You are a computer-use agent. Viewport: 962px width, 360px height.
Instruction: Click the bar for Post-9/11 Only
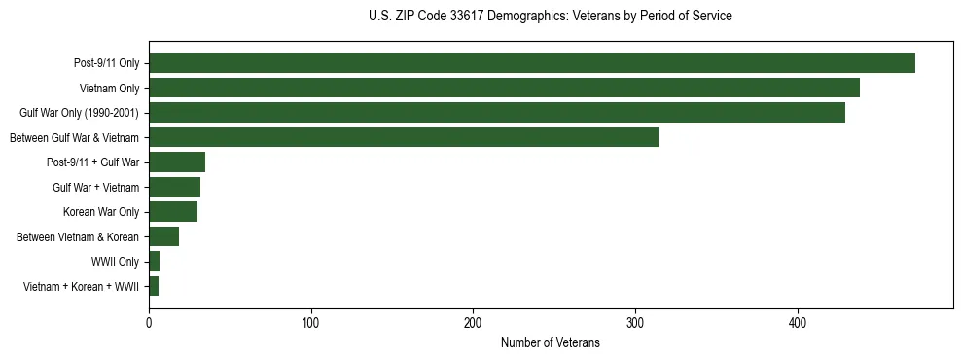click(531, 63)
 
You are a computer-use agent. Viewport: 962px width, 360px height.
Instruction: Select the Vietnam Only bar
click(504, 88)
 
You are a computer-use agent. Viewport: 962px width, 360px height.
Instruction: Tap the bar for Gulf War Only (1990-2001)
click(496, 113)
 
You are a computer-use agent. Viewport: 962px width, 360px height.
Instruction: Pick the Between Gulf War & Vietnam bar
click(403, 137)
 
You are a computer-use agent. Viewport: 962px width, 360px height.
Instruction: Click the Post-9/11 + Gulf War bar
click(176, 162)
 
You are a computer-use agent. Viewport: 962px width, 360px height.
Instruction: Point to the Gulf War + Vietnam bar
click(174, 187)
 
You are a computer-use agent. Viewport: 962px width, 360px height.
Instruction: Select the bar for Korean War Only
click(172, 212)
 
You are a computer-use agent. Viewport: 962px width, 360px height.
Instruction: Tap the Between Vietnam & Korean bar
click(163, 236)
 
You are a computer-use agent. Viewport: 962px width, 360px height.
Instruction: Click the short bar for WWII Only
click(154, 262)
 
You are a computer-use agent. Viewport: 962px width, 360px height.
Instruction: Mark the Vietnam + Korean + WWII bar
click(153, 286)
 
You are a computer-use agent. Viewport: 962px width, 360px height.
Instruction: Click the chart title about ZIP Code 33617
click(550, 17)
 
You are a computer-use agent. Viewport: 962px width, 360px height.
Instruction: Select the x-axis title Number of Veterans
click(550, 343)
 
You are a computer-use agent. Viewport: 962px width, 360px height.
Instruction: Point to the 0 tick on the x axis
click(149, 322)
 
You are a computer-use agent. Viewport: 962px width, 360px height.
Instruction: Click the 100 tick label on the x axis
click(311, 322)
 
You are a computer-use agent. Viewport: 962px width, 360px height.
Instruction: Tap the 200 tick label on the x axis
click(473, 322)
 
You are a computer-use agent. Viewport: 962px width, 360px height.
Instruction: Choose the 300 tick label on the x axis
click(635, 322)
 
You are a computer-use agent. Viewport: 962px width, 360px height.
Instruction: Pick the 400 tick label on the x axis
click(798, 322)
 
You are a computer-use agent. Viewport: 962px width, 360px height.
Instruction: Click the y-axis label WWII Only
click(115, 262)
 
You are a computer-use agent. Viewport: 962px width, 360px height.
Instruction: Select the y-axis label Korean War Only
click(101, 212)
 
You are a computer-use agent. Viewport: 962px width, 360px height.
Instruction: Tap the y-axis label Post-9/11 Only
click(106, 63)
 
